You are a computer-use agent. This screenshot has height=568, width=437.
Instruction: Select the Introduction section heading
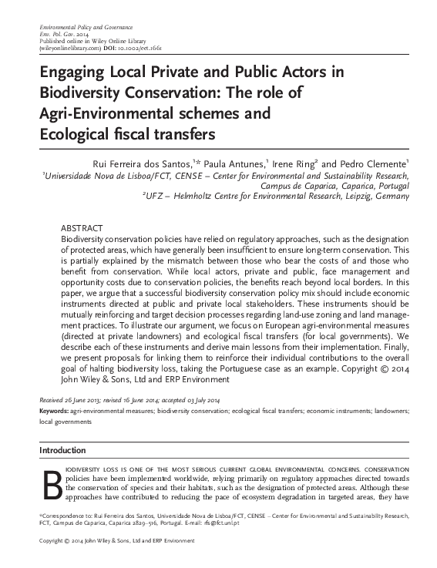tap(63, 450)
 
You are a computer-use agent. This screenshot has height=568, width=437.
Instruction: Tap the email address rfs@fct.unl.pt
tap(261, 522)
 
